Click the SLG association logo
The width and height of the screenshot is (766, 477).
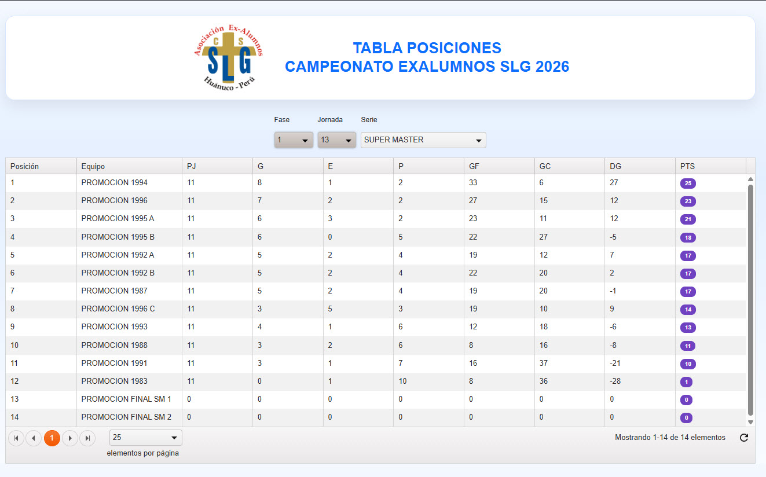[228, 57]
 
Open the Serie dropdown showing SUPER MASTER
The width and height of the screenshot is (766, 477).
[423, 140]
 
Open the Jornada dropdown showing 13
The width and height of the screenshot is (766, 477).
[336, 140]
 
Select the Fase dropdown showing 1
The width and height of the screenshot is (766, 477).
[294, 140]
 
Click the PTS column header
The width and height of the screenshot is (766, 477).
[687, 166]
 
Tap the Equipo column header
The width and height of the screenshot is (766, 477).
[93, 166]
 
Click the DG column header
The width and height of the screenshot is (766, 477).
[615, 166]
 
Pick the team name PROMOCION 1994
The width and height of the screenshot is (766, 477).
[114, 182]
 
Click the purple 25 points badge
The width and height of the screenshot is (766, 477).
[688, 184]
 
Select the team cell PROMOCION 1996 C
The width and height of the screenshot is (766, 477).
[118, 309]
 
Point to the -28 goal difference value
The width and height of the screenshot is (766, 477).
[615, 381]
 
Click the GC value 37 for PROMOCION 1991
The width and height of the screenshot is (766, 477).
[544, 363]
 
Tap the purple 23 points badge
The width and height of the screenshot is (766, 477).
[688, 201]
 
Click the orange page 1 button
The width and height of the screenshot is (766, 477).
[52, 438]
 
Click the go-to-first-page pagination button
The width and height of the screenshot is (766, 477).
[16, 438]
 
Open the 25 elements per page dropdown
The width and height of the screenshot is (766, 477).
[146, 438]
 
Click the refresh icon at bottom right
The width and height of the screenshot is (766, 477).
[744, 438]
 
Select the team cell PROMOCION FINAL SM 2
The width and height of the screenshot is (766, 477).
[126, 417]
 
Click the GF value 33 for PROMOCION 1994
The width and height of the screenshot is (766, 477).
[473, 182]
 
